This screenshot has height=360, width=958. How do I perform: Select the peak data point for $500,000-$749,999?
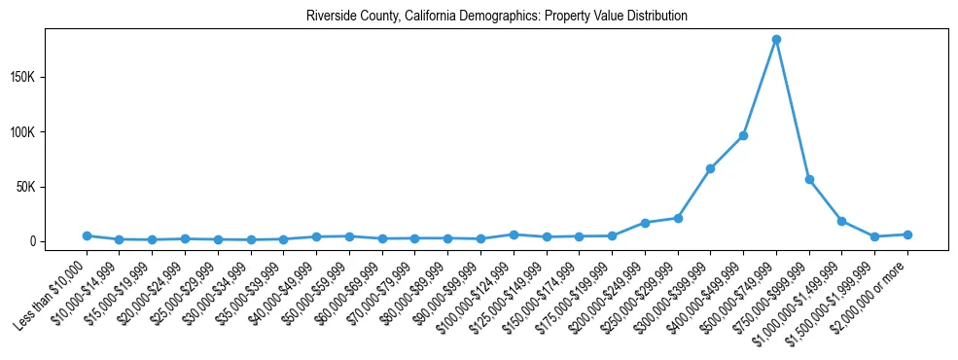click(x=776, y=40)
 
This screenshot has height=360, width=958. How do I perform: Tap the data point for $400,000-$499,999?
click(x=743, y=135)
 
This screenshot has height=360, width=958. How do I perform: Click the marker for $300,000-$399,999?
click(x=710, y=169)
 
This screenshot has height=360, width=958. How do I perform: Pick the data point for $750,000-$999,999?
click(x=809, y=180)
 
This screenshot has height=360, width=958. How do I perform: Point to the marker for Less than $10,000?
click(x=87, y=235)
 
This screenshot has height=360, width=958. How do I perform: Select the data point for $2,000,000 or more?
click(x=907, y=234)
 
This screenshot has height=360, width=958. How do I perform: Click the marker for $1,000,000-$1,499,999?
click(x=842, y=221)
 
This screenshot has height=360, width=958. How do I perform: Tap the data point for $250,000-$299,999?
click(x=678, y=218)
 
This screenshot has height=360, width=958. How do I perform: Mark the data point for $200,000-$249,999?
click(x=645, y=223)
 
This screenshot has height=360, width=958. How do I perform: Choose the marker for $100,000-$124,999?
click(x=514, y=234)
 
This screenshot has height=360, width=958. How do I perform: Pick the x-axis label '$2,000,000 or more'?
click(x=871, y=291)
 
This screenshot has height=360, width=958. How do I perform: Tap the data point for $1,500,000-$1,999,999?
click(x=874, y=236)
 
